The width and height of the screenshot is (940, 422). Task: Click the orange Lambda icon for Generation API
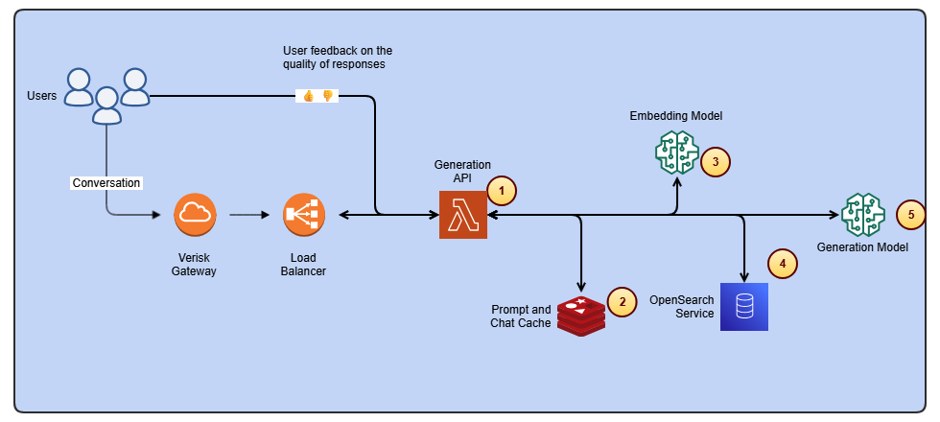pos(463,215)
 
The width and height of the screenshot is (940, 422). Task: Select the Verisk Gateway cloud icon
pos(195,215)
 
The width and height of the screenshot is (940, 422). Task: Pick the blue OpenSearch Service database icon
pos(744,307)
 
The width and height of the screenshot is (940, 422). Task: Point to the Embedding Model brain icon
pos(676,152)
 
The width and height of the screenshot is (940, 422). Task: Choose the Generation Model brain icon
pos(862,215)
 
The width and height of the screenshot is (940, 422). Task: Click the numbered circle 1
pos(501,190)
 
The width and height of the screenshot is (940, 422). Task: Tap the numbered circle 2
pos(623,302)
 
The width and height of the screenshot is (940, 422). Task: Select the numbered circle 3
pos(716,162)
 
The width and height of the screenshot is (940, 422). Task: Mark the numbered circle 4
pos(783,263)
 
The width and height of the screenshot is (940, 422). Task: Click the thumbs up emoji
pos(309,96)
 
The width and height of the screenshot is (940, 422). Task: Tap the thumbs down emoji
pos(327,96)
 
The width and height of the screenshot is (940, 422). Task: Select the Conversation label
pos(106,182)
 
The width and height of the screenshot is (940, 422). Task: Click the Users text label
pos(42,96)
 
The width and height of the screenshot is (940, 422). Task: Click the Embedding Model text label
pos(675,116)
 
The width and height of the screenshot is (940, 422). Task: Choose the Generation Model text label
pos(862,247)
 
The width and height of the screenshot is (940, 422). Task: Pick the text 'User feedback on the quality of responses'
pos(338,58)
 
